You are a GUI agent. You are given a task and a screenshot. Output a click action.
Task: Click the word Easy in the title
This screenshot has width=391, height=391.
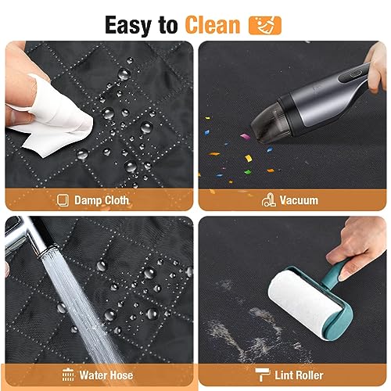click(x=128, y=25)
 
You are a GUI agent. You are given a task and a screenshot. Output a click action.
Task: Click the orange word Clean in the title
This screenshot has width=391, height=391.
click(x=213, y=25)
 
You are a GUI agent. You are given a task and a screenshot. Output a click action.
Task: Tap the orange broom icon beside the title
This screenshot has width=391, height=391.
click(x=265, y=25)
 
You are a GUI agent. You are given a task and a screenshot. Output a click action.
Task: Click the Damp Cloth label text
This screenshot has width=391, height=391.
click(x=102, y=200)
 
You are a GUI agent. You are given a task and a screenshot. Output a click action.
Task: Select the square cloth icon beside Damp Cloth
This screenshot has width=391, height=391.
click(x=63, y=200)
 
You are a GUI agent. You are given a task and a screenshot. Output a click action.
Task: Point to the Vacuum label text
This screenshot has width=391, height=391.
click(x=299, y=200)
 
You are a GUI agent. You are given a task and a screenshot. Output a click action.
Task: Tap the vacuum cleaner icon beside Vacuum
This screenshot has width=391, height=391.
click(x=268, y=200)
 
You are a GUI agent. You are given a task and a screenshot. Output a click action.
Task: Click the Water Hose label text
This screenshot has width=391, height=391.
click(x=106, y=375)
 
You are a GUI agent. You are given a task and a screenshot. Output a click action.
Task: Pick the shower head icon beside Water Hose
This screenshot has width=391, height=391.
click(x=68, y=375)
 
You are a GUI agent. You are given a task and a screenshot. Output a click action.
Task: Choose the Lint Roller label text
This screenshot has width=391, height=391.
click(x=299, y=375)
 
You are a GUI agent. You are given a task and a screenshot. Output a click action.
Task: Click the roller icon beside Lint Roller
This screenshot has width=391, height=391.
click(x=262, y=375)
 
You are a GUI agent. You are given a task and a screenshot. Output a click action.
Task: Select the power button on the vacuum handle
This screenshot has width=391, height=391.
click(x=354, y=74)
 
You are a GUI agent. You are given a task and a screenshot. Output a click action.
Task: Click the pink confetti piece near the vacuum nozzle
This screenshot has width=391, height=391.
click(x=245, y=136)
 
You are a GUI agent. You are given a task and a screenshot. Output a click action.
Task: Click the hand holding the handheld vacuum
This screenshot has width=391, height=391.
click(x=375, y=66)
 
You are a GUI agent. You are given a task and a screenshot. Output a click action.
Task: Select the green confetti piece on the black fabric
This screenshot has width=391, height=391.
click(x=248, y=172)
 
